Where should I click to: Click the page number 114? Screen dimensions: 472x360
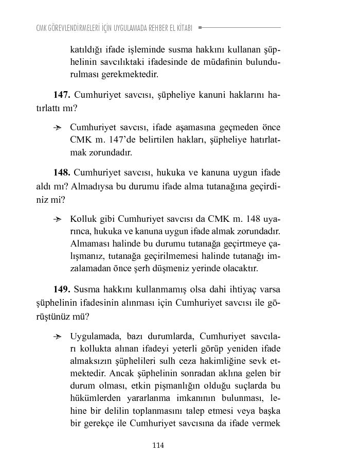click(158, 446)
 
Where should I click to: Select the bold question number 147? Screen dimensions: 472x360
click(62, 95)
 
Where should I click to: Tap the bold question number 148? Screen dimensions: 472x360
click(62, 172)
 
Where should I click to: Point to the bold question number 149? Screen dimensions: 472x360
click(62, 289)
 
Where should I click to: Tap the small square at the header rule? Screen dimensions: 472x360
click(200, 27)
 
